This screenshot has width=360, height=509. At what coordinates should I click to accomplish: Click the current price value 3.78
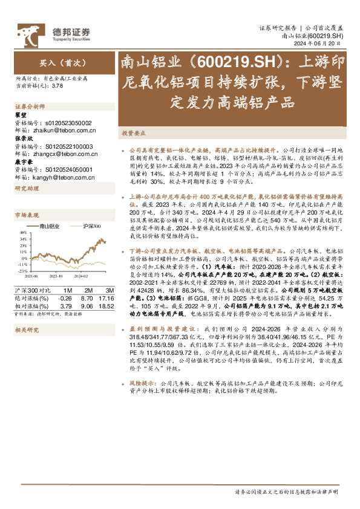pos(57,86)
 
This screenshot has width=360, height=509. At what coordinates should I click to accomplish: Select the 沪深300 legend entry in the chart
pos(91,226)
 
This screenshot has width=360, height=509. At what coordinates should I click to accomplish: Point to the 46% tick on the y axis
pos(22,233)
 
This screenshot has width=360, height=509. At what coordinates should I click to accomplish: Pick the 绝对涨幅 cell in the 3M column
pos(106,297)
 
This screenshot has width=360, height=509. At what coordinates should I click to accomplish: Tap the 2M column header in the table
pos(87,290)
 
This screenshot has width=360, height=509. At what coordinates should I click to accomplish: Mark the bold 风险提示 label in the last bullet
pos(142,383)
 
